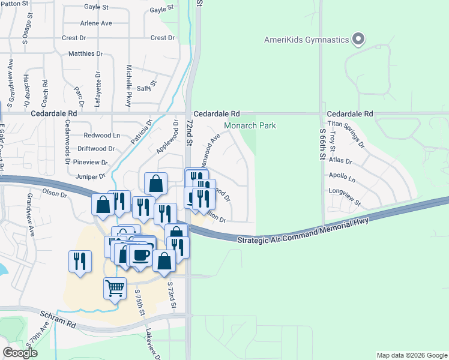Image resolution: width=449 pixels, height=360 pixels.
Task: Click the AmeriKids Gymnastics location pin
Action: pyautogui.click(x=358, y=40)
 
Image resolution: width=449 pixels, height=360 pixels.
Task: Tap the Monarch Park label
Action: pyautogui.click(x=250, y=126)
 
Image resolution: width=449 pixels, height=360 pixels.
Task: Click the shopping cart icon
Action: pyautogui.click(x=115, y=287)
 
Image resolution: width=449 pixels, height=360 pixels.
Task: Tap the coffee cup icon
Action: pyautogui.click(x=142, y=255)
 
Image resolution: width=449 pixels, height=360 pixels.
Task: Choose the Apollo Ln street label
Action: pyautogui.click(x=342, y=179)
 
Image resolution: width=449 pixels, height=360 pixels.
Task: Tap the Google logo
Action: pyautogui.click(x=20, y=353)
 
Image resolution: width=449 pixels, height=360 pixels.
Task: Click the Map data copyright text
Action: pyautogui.click(x=411, y=355)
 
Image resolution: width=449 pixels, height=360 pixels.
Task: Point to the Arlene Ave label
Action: pyautogui.click(x=96, y=23)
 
